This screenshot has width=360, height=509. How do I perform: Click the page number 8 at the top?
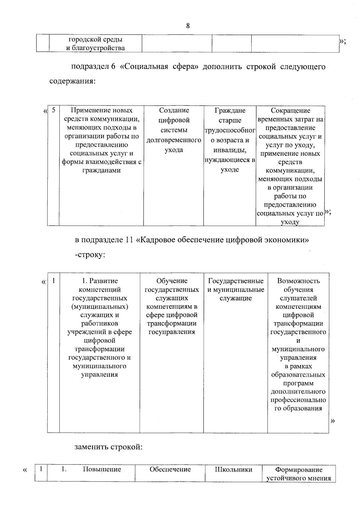[188, 26]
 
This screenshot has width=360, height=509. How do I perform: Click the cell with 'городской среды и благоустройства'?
[95, 44]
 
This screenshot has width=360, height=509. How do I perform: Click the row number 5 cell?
[53, 110]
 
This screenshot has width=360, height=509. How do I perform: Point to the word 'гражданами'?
[101, 170]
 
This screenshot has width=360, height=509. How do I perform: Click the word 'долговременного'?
[173, 140]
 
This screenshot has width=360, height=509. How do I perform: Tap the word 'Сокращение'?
[290, 110]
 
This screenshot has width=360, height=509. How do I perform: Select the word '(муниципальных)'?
[100, 307]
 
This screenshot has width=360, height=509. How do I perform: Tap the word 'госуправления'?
[172, 332]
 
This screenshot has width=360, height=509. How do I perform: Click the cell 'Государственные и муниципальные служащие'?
[235, 290]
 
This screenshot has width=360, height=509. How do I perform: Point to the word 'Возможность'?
[298, 281]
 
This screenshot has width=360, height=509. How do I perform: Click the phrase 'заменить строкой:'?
[108, 447]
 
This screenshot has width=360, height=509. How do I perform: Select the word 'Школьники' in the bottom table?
[233, 469]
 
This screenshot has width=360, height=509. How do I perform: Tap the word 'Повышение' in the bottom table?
[102, 469]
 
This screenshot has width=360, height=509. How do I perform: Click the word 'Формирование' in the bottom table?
[299, 470]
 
